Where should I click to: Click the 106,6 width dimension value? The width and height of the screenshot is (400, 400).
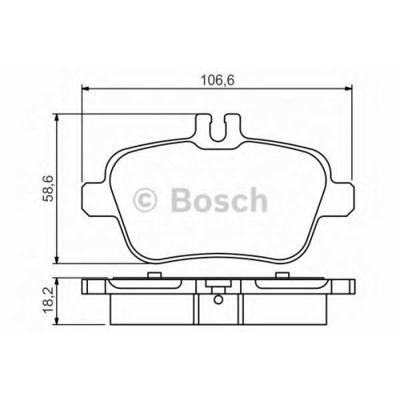218,80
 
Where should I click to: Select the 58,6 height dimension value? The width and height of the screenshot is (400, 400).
50,189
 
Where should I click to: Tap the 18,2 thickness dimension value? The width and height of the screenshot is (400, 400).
50,301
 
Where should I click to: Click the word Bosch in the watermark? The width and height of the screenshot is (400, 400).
219,200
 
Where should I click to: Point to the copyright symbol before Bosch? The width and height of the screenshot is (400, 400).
144,200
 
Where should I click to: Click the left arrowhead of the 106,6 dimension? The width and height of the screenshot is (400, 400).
85,89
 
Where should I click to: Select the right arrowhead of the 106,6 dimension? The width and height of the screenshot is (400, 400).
348,89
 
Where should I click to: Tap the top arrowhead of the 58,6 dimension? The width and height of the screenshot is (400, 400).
56,118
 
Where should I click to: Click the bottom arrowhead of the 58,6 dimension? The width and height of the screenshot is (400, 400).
56,259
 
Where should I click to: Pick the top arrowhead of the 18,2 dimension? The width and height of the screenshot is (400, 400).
56,282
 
